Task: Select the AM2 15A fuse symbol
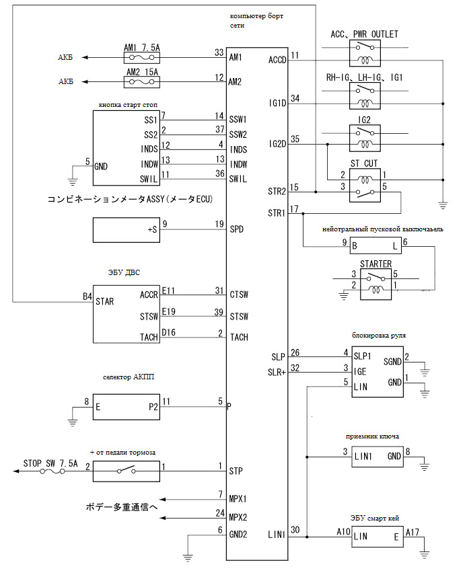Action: point(141,82)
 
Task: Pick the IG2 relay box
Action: point(365,139)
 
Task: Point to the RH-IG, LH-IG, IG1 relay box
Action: point(365,97)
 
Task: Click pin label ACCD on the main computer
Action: point(277,59)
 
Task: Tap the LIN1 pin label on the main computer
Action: point(277,535)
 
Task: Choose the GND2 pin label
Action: point(239,535)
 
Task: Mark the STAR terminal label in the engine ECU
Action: point(106,301)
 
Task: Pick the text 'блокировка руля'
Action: point(380,334)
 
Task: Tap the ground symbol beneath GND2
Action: point(189,556)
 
